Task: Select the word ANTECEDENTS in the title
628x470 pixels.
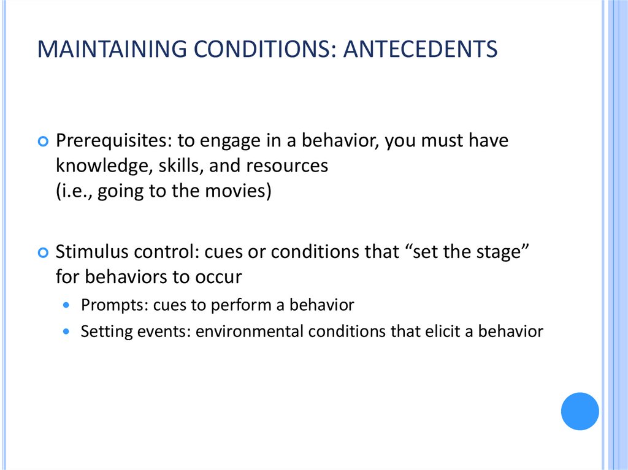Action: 420,49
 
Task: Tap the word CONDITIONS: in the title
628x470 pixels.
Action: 258,49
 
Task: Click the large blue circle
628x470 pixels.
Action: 580,411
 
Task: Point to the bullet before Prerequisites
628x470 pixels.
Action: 42,142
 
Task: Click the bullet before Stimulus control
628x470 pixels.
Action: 42,252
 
